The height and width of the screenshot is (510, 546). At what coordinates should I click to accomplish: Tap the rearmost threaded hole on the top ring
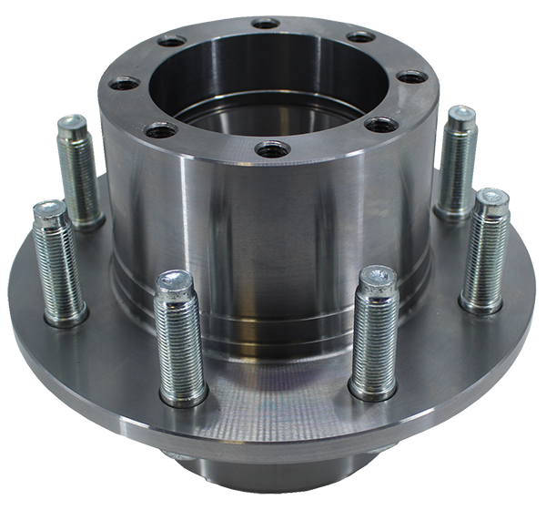click(x=266, y=23)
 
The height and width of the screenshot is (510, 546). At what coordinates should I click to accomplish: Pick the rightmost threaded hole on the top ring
click(x=411, y=76)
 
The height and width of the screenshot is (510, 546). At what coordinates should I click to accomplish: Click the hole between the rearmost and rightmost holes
click(x=360, y=36)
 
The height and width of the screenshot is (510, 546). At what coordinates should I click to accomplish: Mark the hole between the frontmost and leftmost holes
click(x=161, y=129)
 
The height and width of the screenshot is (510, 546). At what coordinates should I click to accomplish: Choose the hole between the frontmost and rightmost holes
click(x=379, y=124)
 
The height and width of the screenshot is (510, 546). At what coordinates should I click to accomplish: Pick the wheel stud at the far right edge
click(x=485, y=250)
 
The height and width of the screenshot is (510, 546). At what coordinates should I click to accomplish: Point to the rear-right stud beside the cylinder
click(x=454, y=164)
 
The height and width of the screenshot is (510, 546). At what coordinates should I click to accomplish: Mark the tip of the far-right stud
click(x=492, y=199)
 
